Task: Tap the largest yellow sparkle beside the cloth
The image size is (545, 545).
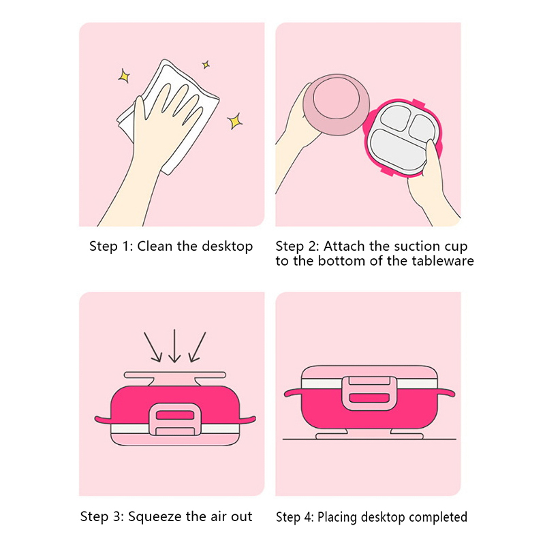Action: point(235,121)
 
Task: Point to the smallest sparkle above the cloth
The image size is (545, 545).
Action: point(206,65)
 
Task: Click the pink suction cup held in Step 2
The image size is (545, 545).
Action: point(336,104)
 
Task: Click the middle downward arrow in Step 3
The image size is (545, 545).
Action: point(174,346)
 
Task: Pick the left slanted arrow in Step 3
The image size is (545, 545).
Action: point(153,347)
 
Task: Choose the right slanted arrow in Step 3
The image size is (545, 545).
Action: point(197,347)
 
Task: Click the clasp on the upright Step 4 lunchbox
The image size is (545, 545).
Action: point(369,393)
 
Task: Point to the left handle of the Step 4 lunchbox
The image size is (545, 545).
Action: point(293,393)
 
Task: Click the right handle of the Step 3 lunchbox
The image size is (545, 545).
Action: point(247,419)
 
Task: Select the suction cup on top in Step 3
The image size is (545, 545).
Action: point(175,378)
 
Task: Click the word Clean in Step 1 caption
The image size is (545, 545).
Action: point(155,246)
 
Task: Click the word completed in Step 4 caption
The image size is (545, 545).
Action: point(438,517)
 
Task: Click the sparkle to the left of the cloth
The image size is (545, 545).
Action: point(124,76)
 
